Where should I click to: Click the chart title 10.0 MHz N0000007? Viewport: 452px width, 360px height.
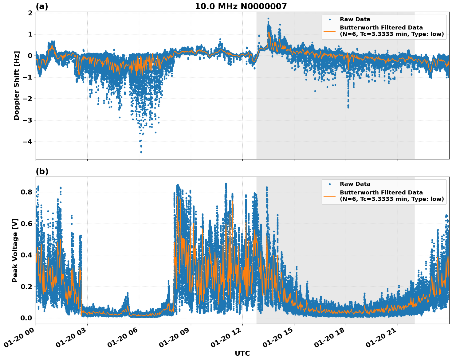click(241, 6)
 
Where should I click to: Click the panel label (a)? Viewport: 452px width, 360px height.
click(42, 6)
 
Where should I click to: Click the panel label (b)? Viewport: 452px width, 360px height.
click(42, 171)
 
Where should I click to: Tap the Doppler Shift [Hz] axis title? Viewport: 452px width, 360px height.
click(16, 85)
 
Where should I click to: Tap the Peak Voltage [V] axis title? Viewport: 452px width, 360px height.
click(15, 250)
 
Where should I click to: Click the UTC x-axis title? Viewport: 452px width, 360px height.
click(242, 353)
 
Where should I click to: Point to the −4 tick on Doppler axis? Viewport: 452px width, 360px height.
click(27, 142)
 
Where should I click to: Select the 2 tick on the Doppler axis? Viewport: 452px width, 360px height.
click(30, 13)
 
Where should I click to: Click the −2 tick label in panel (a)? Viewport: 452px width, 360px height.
click(27, 99)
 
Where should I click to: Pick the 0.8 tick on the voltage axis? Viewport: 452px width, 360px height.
click(26, 192)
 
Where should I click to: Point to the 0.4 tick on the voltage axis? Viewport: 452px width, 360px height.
click(26, 255)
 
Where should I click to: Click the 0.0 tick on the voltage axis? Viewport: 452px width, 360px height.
click(26, 318)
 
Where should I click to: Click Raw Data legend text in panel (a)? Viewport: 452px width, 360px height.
click(355, 19)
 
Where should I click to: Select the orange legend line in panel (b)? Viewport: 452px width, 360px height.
click(329, 196)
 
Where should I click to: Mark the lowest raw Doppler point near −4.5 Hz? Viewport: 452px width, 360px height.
click(141, 152)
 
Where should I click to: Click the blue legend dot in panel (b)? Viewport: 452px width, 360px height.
click(330, 184)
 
